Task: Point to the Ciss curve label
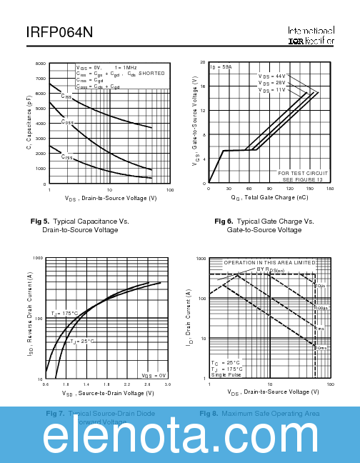click(66, 96)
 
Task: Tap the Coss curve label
click(67, 122)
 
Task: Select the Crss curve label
click(66, 156)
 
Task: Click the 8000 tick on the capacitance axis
click(41, 64)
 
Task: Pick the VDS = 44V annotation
click(271, 76)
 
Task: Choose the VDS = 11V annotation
click(271, 91)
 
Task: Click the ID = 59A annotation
click(221, 67)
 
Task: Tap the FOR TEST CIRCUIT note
click(303, 173)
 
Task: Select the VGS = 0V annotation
click(154, 375)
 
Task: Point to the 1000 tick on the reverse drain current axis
click(38, 257)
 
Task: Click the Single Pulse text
click(227, 374)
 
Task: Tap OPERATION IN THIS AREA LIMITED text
click(269, 263)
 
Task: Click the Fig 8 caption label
click(209, 414)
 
